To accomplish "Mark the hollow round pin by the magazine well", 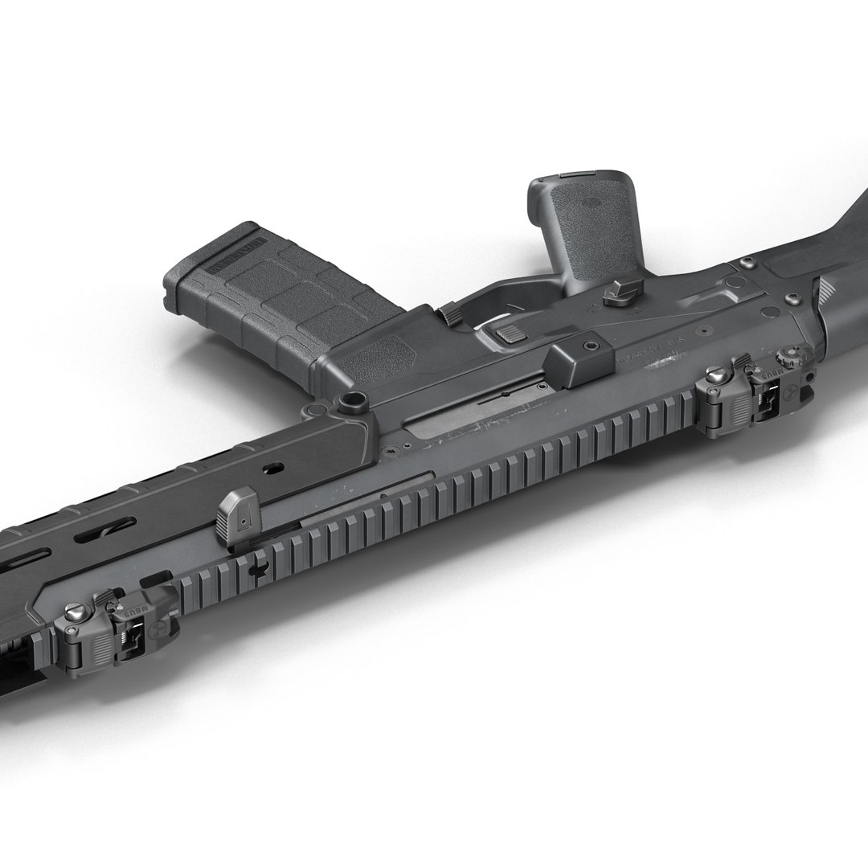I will click(x=350, y=402).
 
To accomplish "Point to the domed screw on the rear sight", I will click(x=714, y=375).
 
